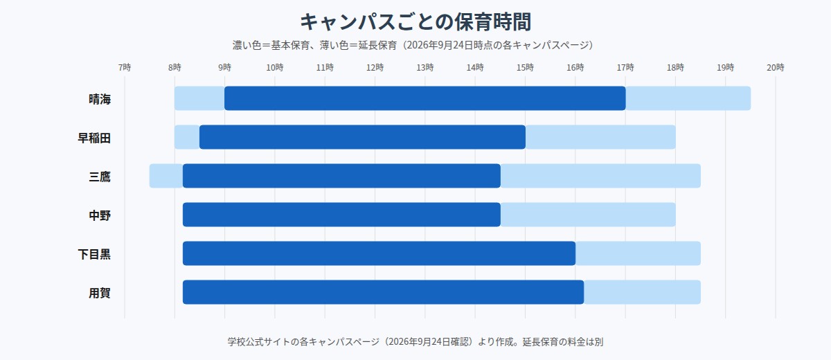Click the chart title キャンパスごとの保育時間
click(x=415, y=21)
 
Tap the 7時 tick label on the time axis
click(x=125, y=67)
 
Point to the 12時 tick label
click(x=375, y=67)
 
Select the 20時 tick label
click(x=776, y=67)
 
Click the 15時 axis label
click(x=525, y=67)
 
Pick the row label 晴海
click(x=100, y=99)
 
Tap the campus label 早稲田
click(x=94, y=138)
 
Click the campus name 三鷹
click(x=100, y=177)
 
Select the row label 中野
click(x=100, y=215)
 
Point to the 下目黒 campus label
click(x=94, y=254)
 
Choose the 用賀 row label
click(x=100, y=293)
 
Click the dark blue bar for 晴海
click(x=425, y=98)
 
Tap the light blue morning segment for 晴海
click(x=199, y=98)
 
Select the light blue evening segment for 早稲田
click(x=600, y=137)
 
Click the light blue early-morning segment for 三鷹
click(x=166, y=176)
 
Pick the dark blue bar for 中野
click(x=341, y=215)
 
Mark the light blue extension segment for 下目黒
click(x=638, y=253)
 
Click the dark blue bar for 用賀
click(x=383, y=292)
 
